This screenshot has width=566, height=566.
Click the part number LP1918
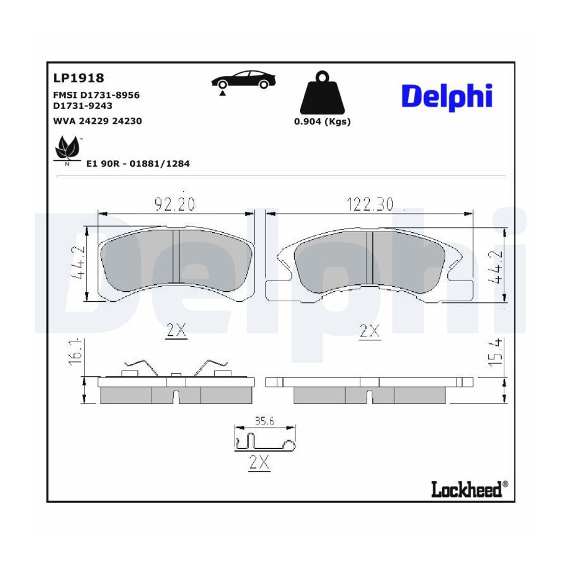point(79,78)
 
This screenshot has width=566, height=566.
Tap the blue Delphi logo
point(447,96)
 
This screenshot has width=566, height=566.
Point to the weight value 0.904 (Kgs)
point(323,121)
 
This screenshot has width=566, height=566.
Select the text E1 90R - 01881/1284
point(138,164)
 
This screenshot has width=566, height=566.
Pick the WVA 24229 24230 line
point(97,121)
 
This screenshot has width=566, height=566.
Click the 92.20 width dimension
point(175,204)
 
